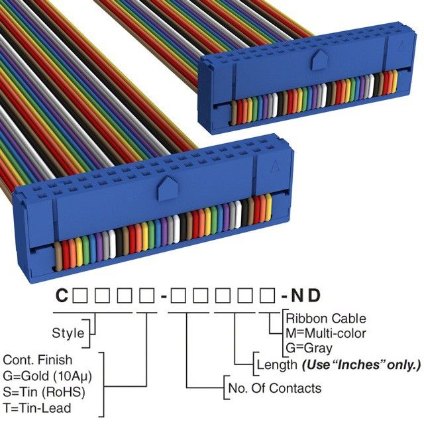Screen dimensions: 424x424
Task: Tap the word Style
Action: pos(68,333)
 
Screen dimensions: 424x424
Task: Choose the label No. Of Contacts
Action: pos(274,388)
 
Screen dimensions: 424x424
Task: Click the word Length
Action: pos(277,364)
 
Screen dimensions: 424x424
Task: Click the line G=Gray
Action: pos(309,347)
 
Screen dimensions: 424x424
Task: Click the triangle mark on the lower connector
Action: pos(273,169)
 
